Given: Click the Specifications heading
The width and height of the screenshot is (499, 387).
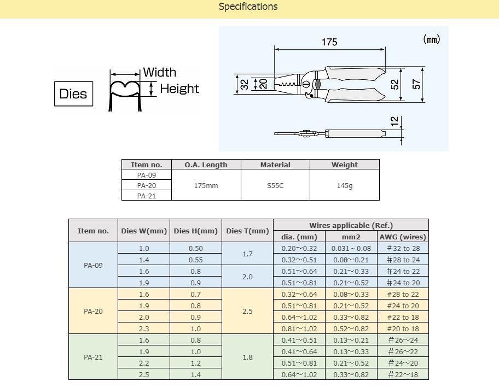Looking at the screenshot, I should [x=248, y=7].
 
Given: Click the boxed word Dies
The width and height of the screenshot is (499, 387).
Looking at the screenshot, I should [x=73, y=93].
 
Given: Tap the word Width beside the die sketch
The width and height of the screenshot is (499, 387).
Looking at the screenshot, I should [x=160, y=72].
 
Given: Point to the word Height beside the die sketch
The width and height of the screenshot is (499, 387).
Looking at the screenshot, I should [x=179, y=89].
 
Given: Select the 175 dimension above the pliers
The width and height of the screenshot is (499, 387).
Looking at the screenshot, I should [x=329, y=42].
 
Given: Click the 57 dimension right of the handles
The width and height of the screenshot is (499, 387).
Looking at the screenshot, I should [x=416, y=84].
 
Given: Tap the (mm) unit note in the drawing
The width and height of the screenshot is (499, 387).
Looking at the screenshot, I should [x=431, y=39].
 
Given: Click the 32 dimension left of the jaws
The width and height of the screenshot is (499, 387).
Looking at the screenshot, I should [x=245, y=84].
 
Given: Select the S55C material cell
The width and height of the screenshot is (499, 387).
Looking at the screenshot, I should [x=275, y=186].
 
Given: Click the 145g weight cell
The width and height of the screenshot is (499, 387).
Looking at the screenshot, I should [x=344, y=186].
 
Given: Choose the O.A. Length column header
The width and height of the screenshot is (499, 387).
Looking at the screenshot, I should [x=206, y=165].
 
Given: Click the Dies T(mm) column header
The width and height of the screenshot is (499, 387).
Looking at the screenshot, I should [x=247, y=231].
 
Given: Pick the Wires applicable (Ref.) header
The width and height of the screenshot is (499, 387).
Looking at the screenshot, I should [x=351, y=225].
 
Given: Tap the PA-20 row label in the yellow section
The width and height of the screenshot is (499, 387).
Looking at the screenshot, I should [x=93, y=312].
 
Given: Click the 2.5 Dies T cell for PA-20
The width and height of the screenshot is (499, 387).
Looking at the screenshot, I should [x=247, y=312].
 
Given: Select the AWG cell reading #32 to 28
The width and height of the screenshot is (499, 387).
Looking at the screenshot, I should [x=403, y=248].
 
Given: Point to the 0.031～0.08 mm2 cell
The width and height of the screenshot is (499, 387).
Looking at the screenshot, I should [x=351, y=248].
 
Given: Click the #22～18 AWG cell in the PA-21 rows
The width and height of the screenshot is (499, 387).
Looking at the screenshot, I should [x=403, y=374].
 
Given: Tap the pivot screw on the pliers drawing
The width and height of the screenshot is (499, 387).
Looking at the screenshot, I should [x=306, y=85].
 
